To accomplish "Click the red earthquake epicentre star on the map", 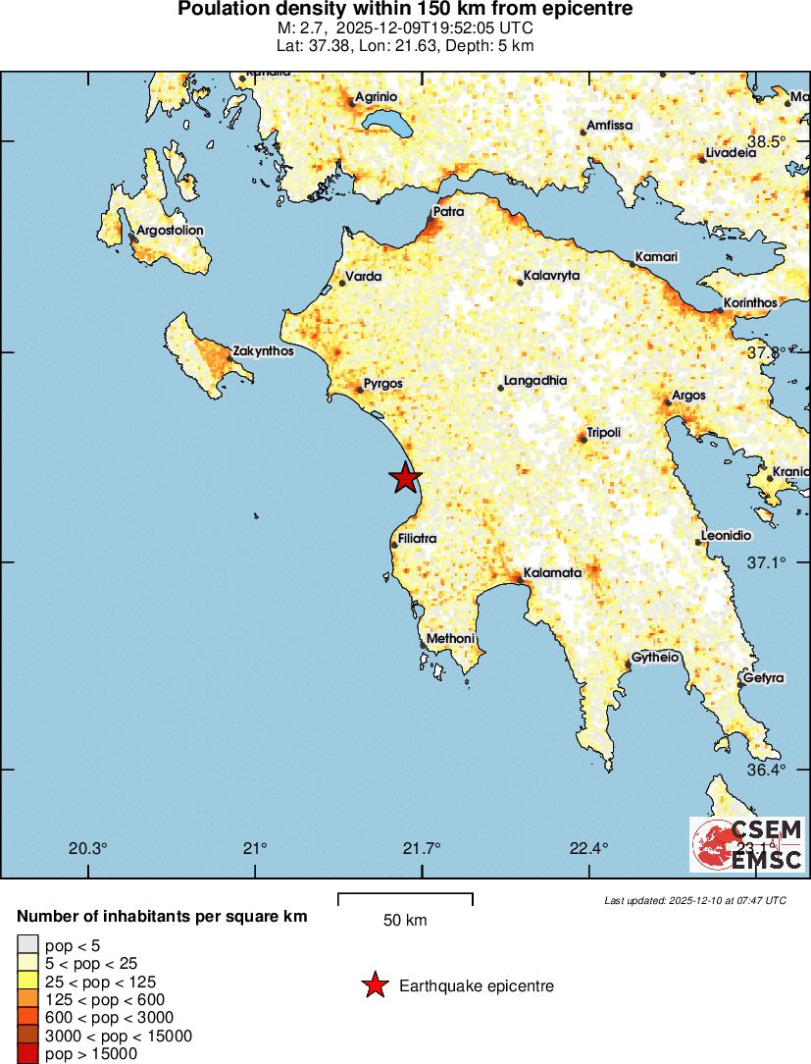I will pyautogui.click(x=405, y=478).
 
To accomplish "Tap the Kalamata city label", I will pyautogui.click(x=552, y=572).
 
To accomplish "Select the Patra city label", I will pyautogui.click(x=449, y=211).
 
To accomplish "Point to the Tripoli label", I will pyautogui.click(x=603, y=433).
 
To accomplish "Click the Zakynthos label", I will pyautogui.click(x=263, y=350).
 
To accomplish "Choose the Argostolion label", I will pyautogui.click(x=171, y=231).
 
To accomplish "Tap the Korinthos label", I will pyautogui.click(x=750, y=303).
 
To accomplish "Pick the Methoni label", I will pyautogui.click(x=450, y=639).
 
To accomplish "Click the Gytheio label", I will pyautogui.click(x=656, y=658).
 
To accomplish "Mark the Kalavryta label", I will pyautogui.click(x=552, y=276).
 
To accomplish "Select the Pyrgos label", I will pyautogui.click(x=383, y=384).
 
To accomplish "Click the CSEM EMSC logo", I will pyautogui.click(x=747, y=844).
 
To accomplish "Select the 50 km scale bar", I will pyautogui.click(x=405, y=898).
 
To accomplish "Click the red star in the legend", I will pyautogui.click(x=375, y=985).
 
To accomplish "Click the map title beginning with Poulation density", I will pyautogui.click(x=405, y=10).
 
